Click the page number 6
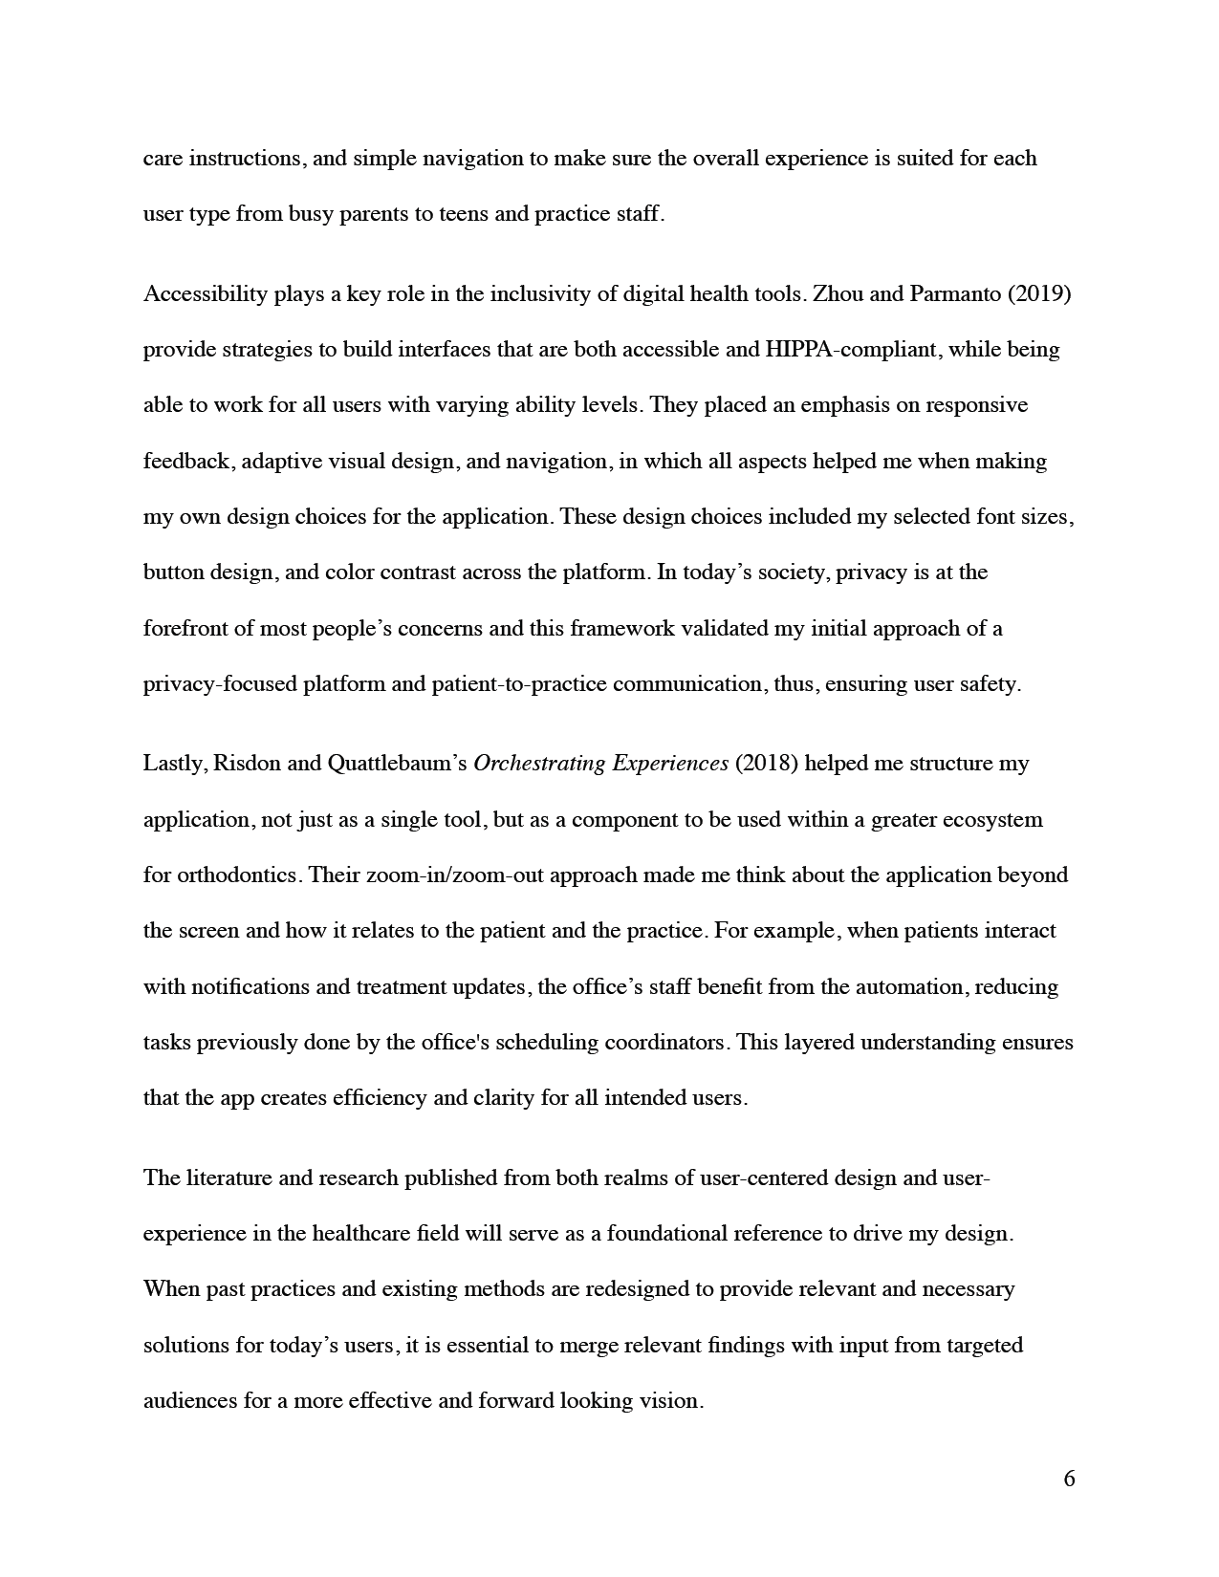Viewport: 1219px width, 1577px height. point(1069,1480)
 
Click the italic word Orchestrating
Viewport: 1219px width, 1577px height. point(539,764)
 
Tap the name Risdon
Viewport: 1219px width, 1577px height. point(244,764)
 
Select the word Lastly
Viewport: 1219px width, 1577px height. point(175,764)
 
